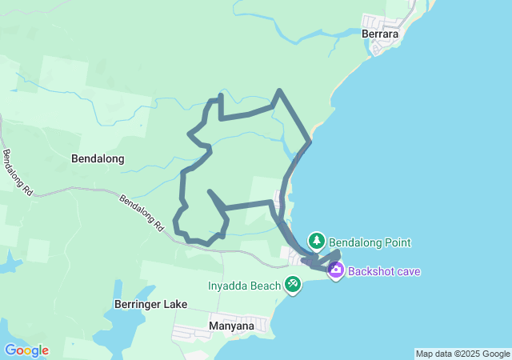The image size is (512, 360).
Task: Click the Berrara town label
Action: tap(380, 34)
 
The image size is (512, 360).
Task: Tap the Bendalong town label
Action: tap(98, 158)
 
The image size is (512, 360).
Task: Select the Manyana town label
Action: tap(231, 326)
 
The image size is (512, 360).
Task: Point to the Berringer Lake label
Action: tap(150, 304)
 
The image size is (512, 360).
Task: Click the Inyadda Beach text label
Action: tap(244, 285)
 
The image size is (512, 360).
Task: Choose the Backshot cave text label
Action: tap(384, 271)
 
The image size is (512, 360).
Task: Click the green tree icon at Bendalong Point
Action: tap(318, 240)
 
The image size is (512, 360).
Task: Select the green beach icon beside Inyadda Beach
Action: tap(294, 284)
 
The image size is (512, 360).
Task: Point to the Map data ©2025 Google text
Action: tap(462, 354)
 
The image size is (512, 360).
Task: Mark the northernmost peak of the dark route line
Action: tap(278, 90)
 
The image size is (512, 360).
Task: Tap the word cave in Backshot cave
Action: tap(406, 271)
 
